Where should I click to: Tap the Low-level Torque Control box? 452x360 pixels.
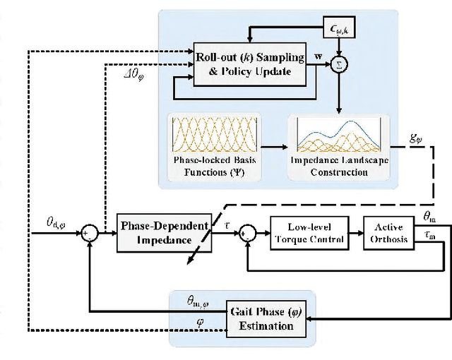pyautogui.click(x=306, y=234)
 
